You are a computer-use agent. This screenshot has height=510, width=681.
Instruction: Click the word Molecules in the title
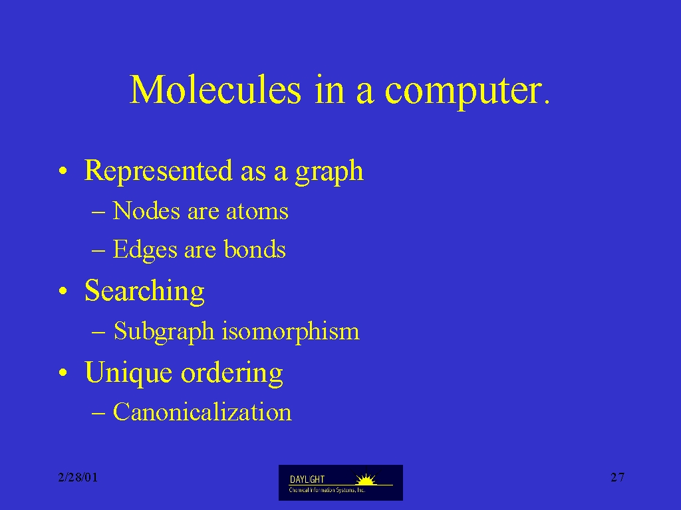point(215,90)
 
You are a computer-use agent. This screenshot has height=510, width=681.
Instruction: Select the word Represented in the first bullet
point(158,171)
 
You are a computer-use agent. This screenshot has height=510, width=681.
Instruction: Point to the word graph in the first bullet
point(329,172)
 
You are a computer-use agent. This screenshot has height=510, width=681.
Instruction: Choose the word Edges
point(145,250)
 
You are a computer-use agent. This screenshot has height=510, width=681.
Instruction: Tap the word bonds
point(255,249)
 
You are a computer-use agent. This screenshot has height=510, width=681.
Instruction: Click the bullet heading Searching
point(144,292)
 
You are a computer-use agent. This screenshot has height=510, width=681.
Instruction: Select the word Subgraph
point(164,332)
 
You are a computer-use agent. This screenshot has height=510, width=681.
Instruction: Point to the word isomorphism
point(291,332)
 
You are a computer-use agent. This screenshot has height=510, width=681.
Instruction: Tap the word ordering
point(232,373)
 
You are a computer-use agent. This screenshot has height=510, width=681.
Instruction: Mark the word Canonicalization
point(202,412)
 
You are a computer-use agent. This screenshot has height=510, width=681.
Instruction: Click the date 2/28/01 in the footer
point(78,477)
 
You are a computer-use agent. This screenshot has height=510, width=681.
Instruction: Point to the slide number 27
point(618,477)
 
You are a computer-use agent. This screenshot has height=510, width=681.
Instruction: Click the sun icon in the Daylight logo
point(366,479)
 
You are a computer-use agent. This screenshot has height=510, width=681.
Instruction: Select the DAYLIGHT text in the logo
point(307,479)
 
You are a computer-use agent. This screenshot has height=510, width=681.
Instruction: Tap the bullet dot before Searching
point(63,292)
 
